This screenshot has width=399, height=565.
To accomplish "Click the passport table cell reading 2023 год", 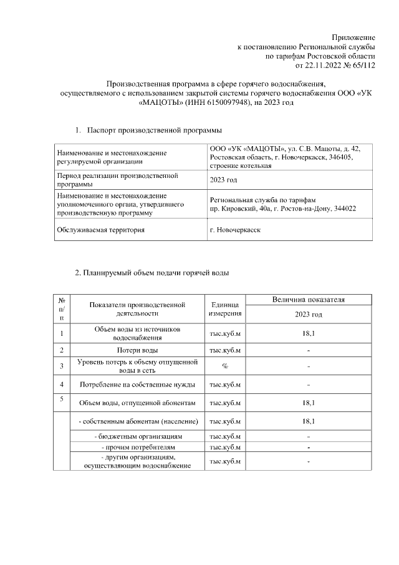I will click(224, 180).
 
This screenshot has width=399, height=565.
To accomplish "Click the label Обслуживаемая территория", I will click(100, 230).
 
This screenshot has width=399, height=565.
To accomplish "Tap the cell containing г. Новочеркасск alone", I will click(236, 230).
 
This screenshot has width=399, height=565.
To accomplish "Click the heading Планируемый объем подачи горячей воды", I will click(152, 273).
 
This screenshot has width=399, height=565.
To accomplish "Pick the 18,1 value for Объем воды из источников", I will click(308, 333).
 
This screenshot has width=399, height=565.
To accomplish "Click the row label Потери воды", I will click(137, 350).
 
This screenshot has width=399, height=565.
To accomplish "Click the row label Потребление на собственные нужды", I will click(137, 384).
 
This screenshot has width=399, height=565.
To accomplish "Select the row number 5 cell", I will click(61, 400).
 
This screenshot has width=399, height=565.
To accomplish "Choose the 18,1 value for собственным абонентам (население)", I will click(308, 421).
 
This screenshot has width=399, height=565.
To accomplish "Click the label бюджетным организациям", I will click(137, 437).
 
